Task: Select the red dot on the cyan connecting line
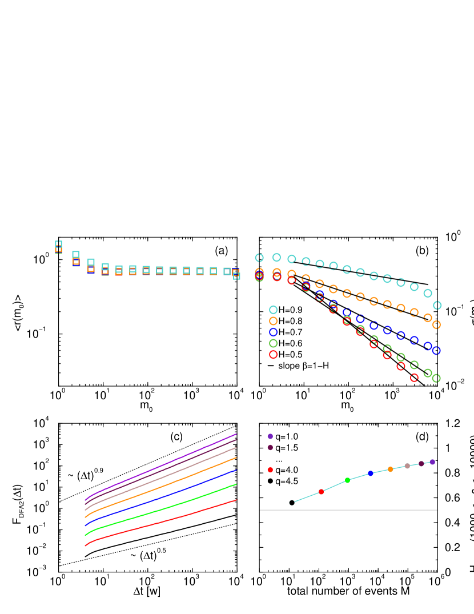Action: point(321,492)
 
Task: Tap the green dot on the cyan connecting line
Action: point(347,480)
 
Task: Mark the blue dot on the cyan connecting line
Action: point(371,473)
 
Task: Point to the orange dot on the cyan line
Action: point(391,469)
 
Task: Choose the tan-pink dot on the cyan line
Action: point(407,465)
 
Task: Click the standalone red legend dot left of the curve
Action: point(270,470)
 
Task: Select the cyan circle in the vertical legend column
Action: point(273,310)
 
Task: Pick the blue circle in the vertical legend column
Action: point(273,332)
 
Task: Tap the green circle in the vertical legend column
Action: point(273,343)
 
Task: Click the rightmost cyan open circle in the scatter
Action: point(437,306)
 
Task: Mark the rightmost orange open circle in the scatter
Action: point(436,324)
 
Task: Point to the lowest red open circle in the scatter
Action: point(414,378)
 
